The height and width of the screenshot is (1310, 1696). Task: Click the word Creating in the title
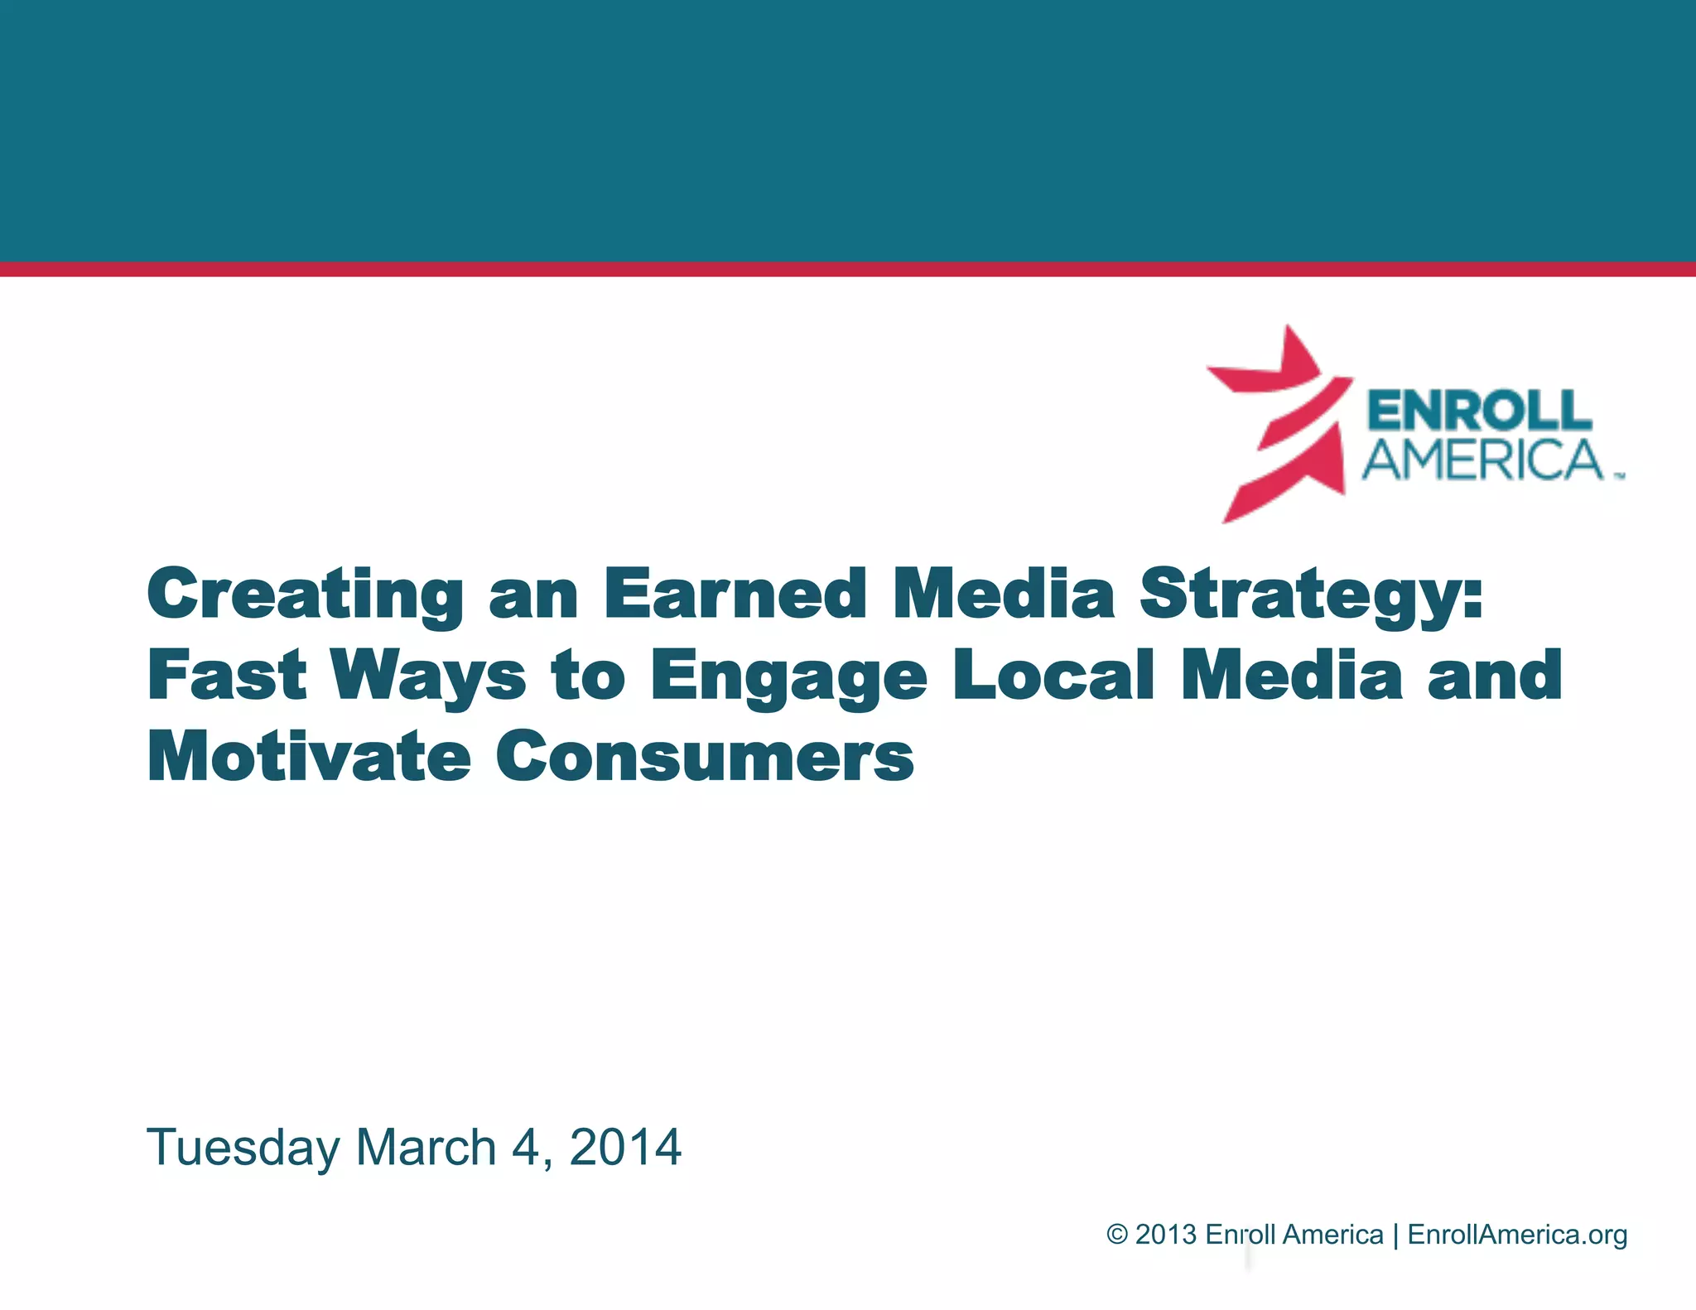click(305, 595)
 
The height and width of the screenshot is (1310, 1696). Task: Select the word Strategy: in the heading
click(1310, 595)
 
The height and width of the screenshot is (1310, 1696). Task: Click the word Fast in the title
click(227, 675)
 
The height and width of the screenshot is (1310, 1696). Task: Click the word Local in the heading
click(1053, 675)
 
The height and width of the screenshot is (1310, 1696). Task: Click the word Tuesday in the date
click(243, 1149)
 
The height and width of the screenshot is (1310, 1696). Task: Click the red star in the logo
click(1279, 422)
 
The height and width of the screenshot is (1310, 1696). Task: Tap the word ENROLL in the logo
click(1479, 412)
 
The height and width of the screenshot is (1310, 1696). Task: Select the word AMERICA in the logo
click(1482, 460)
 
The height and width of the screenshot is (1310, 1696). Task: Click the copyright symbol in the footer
click(1117, 1235)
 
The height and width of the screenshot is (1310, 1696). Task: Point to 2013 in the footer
click(1166, 1235)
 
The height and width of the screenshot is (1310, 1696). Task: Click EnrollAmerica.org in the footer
click(1517, 1235)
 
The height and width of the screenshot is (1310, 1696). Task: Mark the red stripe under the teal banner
click(848, 269)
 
